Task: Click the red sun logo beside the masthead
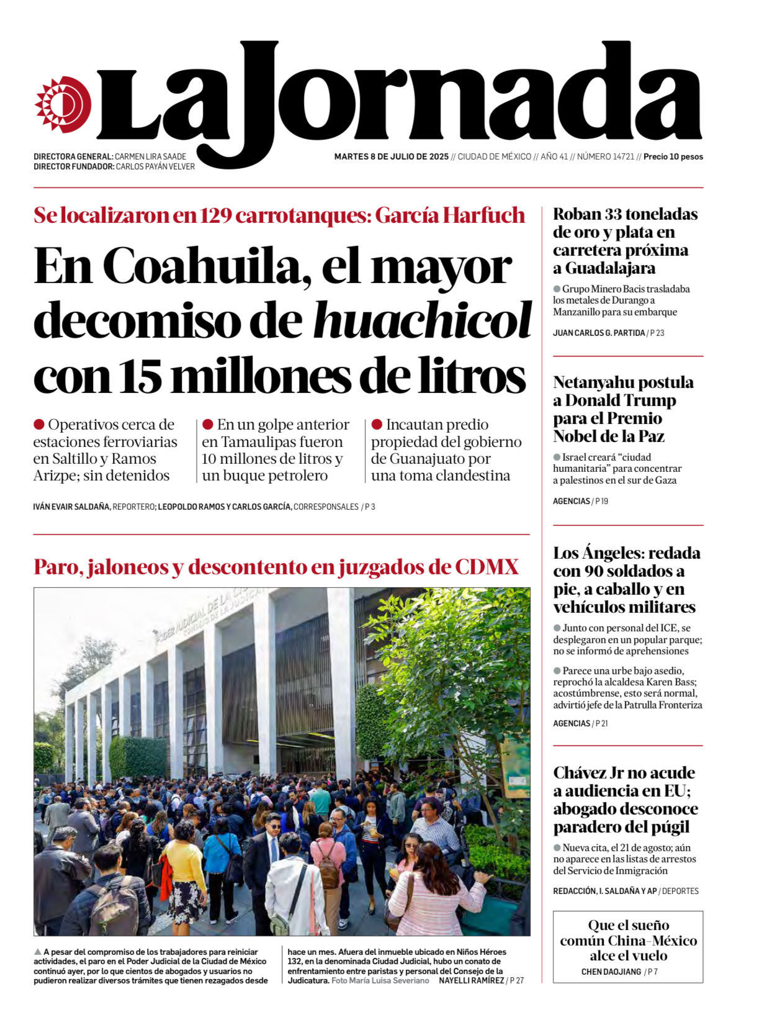click(63, 104)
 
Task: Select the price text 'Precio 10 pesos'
click(673, 157)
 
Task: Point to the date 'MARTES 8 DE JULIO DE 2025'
click(391, 157)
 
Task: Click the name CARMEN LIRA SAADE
click(150, 157)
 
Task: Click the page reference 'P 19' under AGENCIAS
click(602, 502)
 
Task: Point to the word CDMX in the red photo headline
click(486, 567)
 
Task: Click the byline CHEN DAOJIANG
click(611, 972)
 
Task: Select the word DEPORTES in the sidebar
click(680, 892)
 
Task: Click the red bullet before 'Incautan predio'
click(377, 425)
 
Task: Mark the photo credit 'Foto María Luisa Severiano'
click(380, 981)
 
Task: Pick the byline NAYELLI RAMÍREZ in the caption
click(471, 981)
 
